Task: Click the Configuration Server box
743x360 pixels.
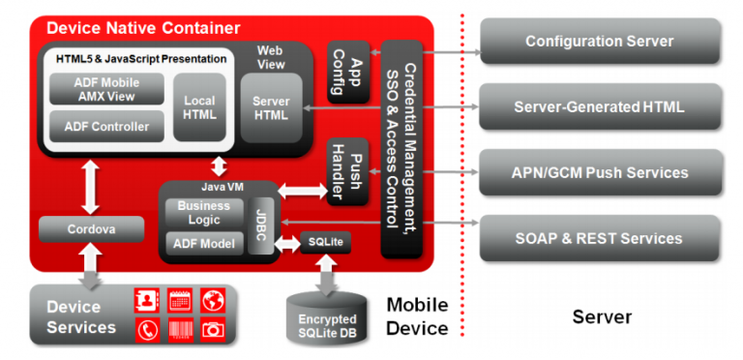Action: (600, 42)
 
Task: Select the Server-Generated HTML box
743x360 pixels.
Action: (600, 106)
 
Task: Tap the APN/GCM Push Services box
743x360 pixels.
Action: (600, 172)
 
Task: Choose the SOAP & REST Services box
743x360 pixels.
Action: (600, 238)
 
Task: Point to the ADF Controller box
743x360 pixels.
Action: (106, 126)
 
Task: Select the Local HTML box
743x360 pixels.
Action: (199, 107)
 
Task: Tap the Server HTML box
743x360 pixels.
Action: (271, 107)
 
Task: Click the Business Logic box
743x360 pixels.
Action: (203, 213)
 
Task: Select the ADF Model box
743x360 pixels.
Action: (203, 244)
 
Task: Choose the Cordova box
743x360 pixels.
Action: (91, 229)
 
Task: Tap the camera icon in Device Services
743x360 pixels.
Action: (213, 329)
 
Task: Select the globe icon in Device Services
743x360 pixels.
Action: (213, 300)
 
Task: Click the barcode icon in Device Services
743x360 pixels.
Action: (180, 329)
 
